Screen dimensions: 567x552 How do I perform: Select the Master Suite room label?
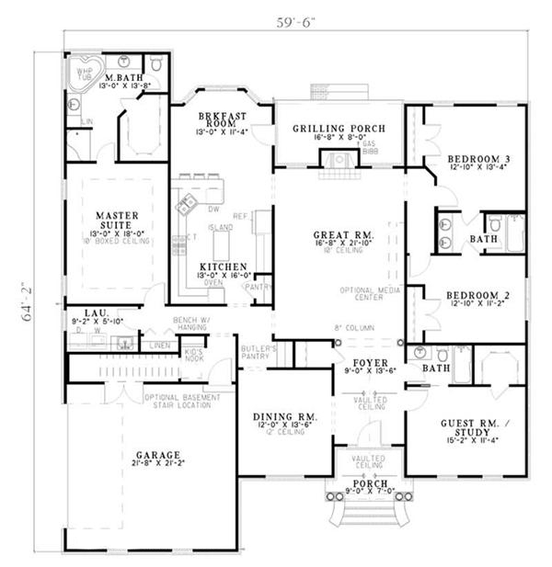coord(117,221)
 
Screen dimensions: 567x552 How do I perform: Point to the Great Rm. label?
coord(342,235)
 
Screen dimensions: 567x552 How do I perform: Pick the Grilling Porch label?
coord(339,128)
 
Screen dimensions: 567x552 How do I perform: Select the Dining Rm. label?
coord(284,417)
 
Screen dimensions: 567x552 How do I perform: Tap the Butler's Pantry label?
coord(259,354)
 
